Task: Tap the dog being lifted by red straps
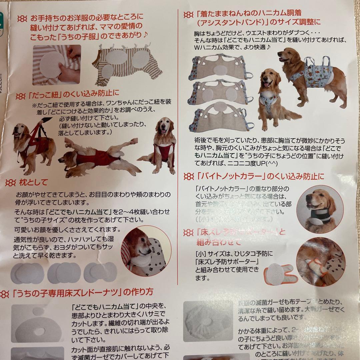point(33,143)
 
